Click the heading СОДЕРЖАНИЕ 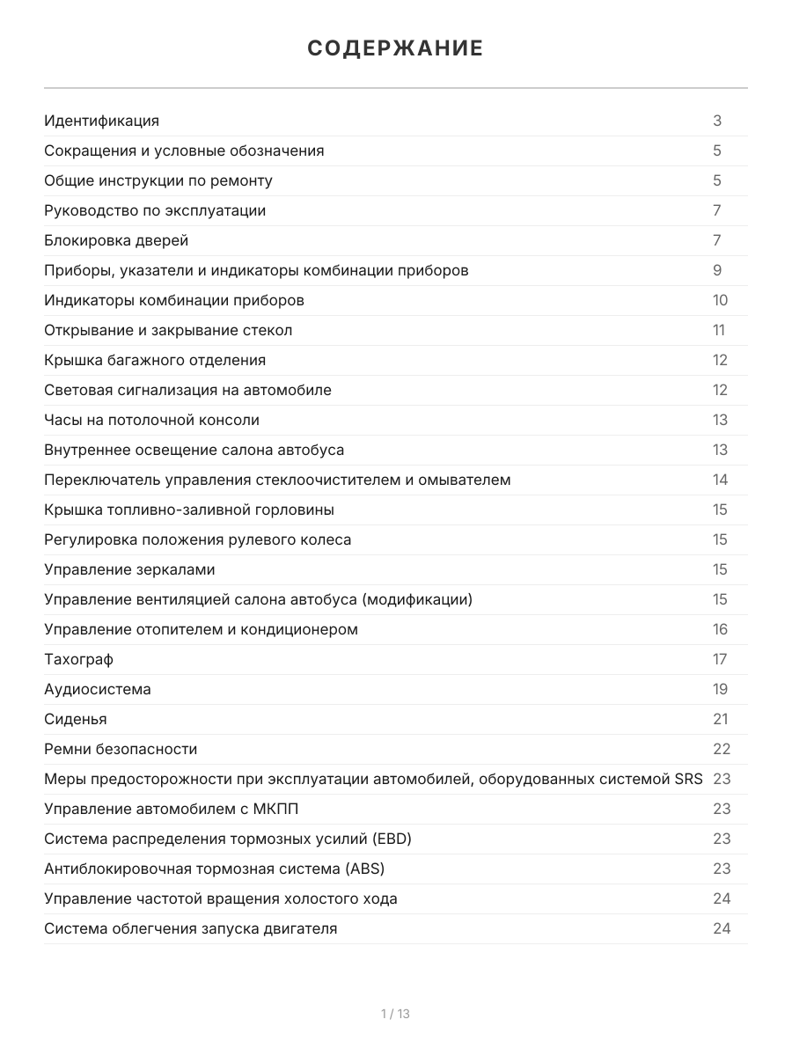[395, 48]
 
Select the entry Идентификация [101, 121]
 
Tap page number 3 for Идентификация [717, 121]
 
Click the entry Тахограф [78, 659]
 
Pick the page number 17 [720, 659]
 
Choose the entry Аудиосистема [97, 689]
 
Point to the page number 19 [720, 689]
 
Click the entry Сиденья [75, 719]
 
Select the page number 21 [721, 719]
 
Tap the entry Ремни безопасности [121, 749]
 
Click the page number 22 [722, 749]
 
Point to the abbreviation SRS [688, 779]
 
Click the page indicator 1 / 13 [395, 1014]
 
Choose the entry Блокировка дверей [116, 240]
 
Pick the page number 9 [717, 270]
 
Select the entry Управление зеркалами [129, 569]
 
